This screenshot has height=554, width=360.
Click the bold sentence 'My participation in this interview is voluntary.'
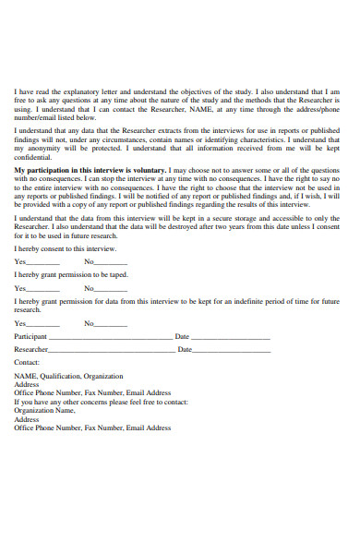tap(90, 171)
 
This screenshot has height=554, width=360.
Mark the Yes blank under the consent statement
tap(43, 262)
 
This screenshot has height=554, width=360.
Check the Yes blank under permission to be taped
tap(43, 289)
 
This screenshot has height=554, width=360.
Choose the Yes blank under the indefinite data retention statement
tap(43, 324)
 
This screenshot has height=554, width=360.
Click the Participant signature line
tap(110, 338)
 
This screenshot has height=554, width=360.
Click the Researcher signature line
tap(111, 351)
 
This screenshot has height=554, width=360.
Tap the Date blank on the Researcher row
tap(232, 351)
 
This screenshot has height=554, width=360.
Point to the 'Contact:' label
tap(28, 364)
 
